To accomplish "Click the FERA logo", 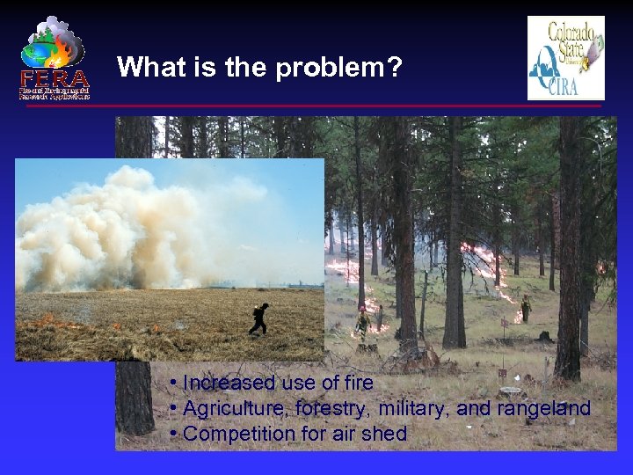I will [x=55, y=58].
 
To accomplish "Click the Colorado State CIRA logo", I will [x=565, y=58].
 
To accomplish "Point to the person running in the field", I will [x=258, y=318].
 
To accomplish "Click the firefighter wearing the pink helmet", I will [x=362, y=322].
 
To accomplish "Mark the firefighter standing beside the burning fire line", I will [x=526, y=308].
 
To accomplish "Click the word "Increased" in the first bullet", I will [x=229, y=384].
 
